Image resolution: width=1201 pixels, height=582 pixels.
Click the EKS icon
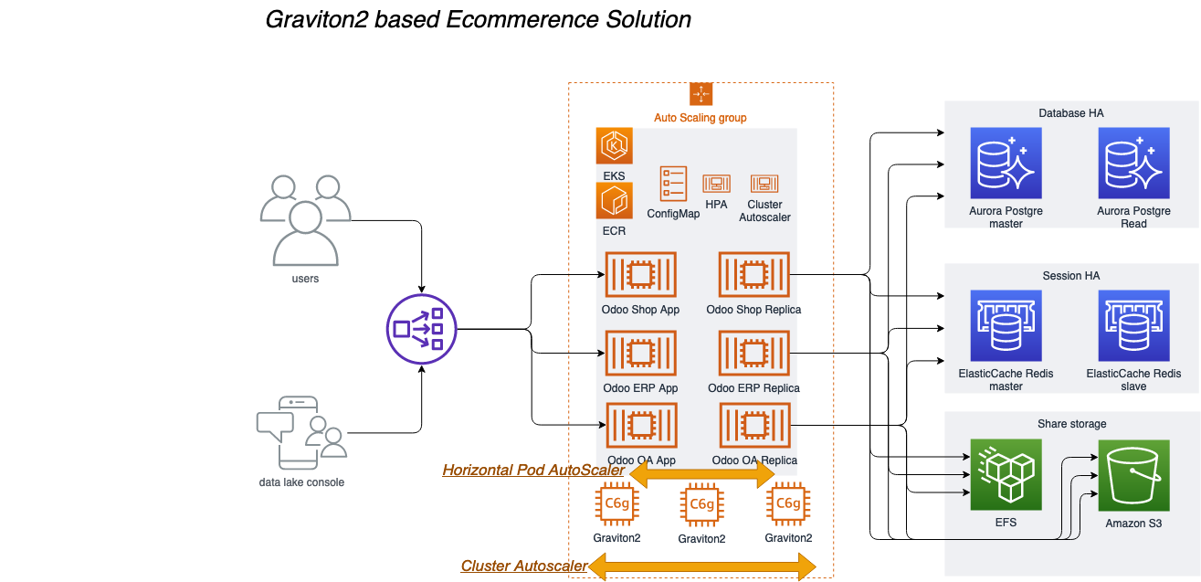pyautogui.click(x=614, y=146)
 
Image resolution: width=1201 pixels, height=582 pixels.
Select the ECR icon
pyautogui.click(x=614, y=201)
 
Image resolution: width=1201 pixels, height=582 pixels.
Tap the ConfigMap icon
pyautogui.click(x=673, y=184)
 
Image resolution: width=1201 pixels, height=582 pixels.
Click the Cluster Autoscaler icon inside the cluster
pyautogui.click(x=764, y=184)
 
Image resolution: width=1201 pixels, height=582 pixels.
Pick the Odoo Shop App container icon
pyautogui.click(x=640, y=274)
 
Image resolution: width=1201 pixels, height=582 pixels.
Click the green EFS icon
pyautogui.click(x=1006, y=475)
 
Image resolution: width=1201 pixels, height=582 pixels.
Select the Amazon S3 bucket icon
pyautogui.click(x=1133, y=475)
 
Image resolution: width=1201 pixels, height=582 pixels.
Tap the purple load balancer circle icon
pyautogui.click(x=422, y=328)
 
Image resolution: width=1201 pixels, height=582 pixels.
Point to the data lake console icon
pyautogui.click(x=301, y=431)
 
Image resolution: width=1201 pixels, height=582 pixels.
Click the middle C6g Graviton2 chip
pyautogui.click(x=701, y=503)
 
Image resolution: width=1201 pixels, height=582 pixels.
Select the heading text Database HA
pyautogui.click(x=1071, y=113)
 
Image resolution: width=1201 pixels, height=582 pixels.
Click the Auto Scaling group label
pyautogui.click(x=700, y=118)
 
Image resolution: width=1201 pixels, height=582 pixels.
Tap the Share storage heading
pyautogui.click(x=1071, y=424)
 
